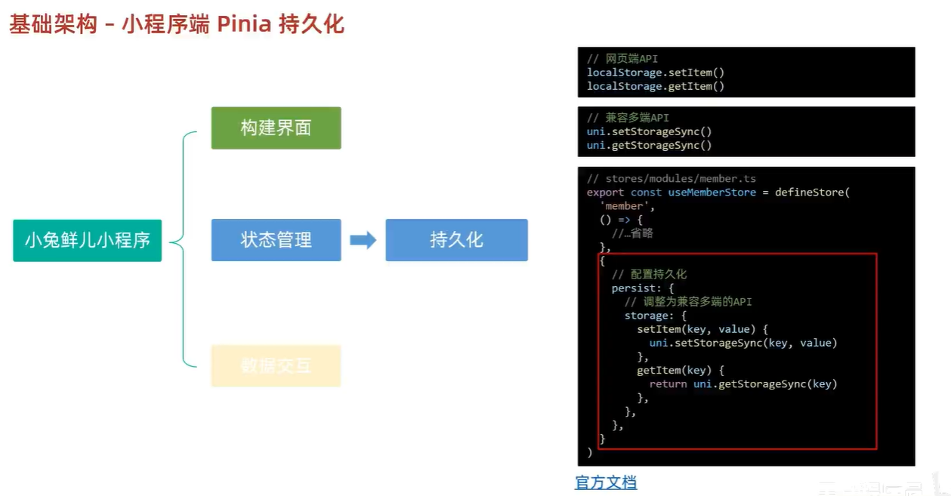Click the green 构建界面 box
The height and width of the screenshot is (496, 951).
[x=276, y=128]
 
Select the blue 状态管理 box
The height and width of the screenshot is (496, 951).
[x=276, y=240]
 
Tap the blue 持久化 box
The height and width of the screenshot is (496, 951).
[x=456, y=240]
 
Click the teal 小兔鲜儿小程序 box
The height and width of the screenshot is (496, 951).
[x=87, y=240]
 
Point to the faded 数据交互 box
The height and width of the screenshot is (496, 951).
[x=276, y=366]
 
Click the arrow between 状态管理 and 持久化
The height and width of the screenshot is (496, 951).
[x=363, y=240]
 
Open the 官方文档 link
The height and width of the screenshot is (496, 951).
[x=606, y=482]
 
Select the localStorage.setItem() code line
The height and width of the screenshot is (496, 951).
[x=655, y=72]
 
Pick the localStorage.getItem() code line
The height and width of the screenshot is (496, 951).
[x=655, y=86]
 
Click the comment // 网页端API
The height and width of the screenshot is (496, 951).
[x=622, y=59]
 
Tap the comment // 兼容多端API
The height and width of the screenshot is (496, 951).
[x=628, y=118]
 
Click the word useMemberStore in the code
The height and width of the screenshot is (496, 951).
[x=712, y=193]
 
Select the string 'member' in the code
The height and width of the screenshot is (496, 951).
[x=622, y=206]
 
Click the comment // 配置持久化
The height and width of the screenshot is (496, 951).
[x=649, y=274]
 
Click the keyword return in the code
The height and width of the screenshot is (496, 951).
[x=668, y=384]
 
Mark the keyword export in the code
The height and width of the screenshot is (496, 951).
[x=605, y=193]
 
